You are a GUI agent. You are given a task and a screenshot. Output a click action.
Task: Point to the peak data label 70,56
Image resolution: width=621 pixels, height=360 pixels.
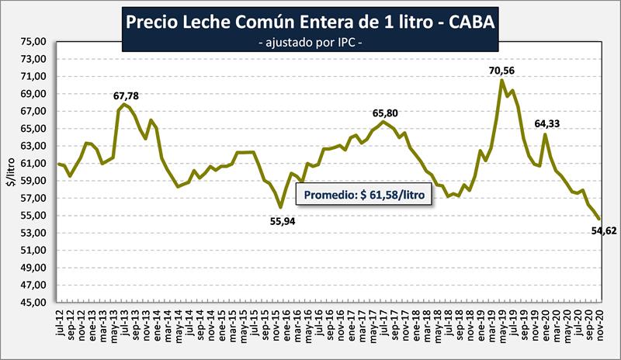tap(501, 71)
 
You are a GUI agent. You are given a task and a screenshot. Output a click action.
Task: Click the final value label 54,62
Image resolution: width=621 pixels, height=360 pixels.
tap(602, 230)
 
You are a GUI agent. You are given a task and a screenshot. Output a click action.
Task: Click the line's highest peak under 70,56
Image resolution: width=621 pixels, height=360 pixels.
tap(501, 80)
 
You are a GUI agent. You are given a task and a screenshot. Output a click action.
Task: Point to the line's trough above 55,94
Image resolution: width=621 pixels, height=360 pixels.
tap(281, 207)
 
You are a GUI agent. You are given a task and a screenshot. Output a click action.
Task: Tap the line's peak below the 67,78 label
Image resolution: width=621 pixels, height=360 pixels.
tap(123, 104)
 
